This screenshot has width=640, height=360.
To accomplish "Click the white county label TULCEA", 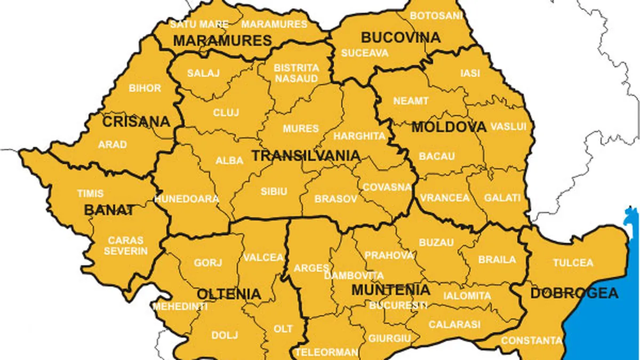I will pyautogui.click(x=573, y=262).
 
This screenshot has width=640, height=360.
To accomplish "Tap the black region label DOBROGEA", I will pyautogui.click(x=574, y=293).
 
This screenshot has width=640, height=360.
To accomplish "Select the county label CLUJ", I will pyautogui.click(x=226, y=113).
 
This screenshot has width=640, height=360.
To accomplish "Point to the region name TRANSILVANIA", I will pyautogui.click(x=306, y=156).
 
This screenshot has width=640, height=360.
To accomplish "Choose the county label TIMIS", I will pyautogui.click(x=90, y=194).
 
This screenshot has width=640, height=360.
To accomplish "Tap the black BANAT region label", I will pyautogui.click(x=109, y=210).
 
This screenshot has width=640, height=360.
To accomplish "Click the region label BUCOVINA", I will pyautogui.click(x=401, y=37).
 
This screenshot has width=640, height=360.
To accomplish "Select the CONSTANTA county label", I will pyautogui.click(x=531, y=340).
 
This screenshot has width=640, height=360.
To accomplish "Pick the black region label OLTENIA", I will pyautogui.click(x=229, y=294).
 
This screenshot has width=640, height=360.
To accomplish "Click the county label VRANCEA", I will pyautogui.click(x=444, y=198).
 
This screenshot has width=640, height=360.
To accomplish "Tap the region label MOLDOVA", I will pyautogui.click(x=449, y=127).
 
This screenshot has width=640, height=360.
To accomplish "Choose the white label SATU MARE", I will pyautogui.click(x=199, y=25).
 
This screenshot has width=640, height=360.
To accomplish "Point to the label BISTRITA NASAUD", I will pyautogui.click(x=296, y=73).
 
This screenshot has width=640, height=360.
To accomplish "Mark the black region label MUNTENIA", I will pyautogui.click(x=390, y=290).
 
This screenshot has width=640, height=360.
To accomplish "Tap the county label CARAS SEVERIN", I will pyautogui.click(x=125, y=245).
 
